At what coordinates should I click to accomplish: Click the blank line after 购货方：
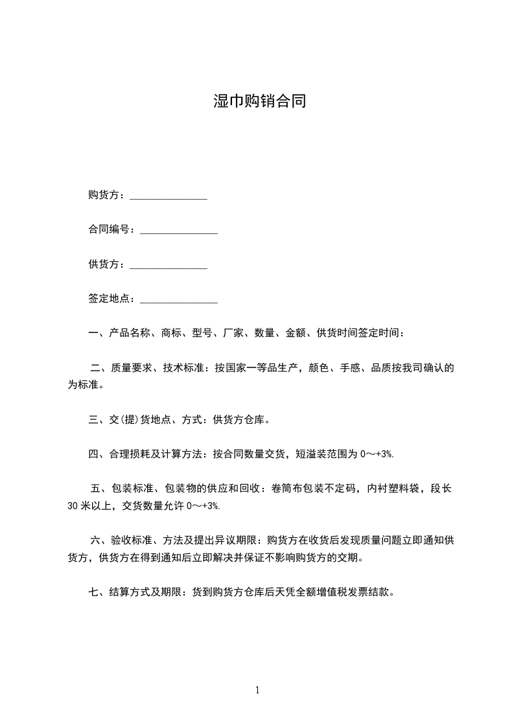click(169, 197)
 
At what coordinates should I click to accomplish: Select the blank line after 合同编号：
click(179, 231)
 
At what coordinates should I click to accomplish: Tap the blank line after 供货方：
click(169, 266)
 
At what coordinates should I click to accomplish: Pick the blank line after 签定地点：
click(179, 300)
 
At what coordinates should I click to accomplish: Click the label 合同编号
click(109, 230)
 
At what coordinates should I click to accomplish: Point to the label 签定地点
click(109, 299)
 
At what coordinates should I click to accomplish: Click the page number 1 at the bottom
click(257, 691)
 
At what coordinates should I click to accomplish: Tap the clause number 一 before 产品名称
click(93, 334)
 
